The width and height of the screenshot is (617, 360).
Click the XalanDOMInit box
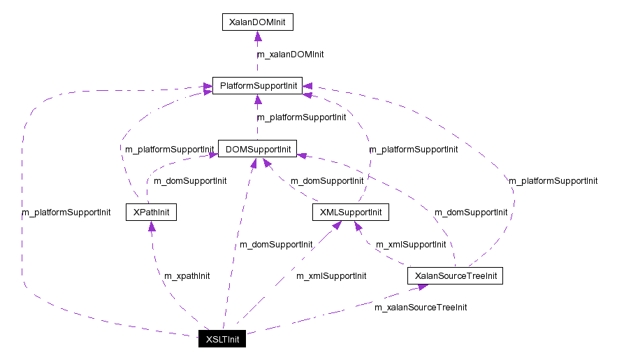click(257, 22)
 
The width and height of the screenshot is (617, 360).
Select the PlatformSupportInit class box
click(256, 86)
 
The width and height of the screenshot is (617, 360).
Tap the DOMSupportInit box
click(257, 148)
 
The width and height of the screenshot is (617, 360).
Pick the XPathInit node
click(150, 212)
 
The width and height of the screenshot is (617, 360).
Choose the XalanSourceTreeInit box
click(455, 275)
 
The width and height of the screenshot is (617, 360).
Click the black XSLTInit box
click(222, 339)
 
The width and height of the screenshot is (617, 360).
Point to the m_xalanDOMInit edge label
click(290, 54)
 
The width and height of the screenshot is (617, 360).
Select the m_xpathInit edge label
click(187, 275)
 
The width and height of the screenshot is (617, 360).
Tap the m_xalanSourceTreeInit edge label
click(421, 307)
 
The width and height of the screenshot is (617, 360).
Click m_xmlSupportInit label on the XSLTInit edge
click(331, 275)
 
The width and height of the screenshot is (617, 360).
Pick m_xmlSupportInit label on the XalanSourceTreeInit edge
click(411, 245)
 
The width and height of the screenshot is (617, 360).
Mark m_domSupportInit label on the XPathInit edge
click(190, 181)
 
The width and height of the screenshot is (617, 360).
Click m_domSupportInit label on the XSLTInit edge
click(276, 245)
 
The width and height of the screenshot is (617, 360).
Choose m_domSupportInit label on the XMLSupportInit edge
click(327, 181)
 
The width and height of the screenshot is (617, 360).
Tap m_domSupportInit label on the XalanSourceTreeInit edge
click(471, 212)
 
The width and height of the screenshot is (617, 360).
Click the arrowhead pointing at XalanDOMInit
click(257, 36)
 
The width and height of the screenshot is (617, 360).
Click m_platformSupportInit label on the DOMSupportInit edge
click(301, 117)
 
